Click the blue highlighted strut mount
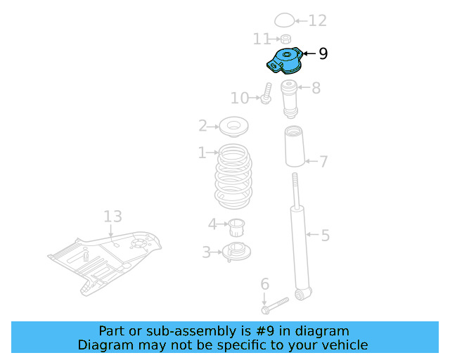click(284, 60)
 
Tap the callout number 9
click(323, 53)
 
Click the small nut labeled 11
click(285, 39)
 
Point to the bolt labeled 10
click(267, 94)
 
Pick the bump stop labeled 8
click(289, 99)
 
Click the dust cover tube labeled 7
click(294, 147)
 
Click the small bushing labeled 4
click(236, 226)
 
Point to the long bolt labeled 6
click(275, 305)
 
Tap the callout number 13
click(113, 216)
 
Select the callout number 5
click(325, 235)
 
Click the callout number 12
click(318, 20)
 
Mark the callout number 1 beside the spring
click(202, 153)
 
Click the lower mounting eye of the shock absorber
click(303, 292)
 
